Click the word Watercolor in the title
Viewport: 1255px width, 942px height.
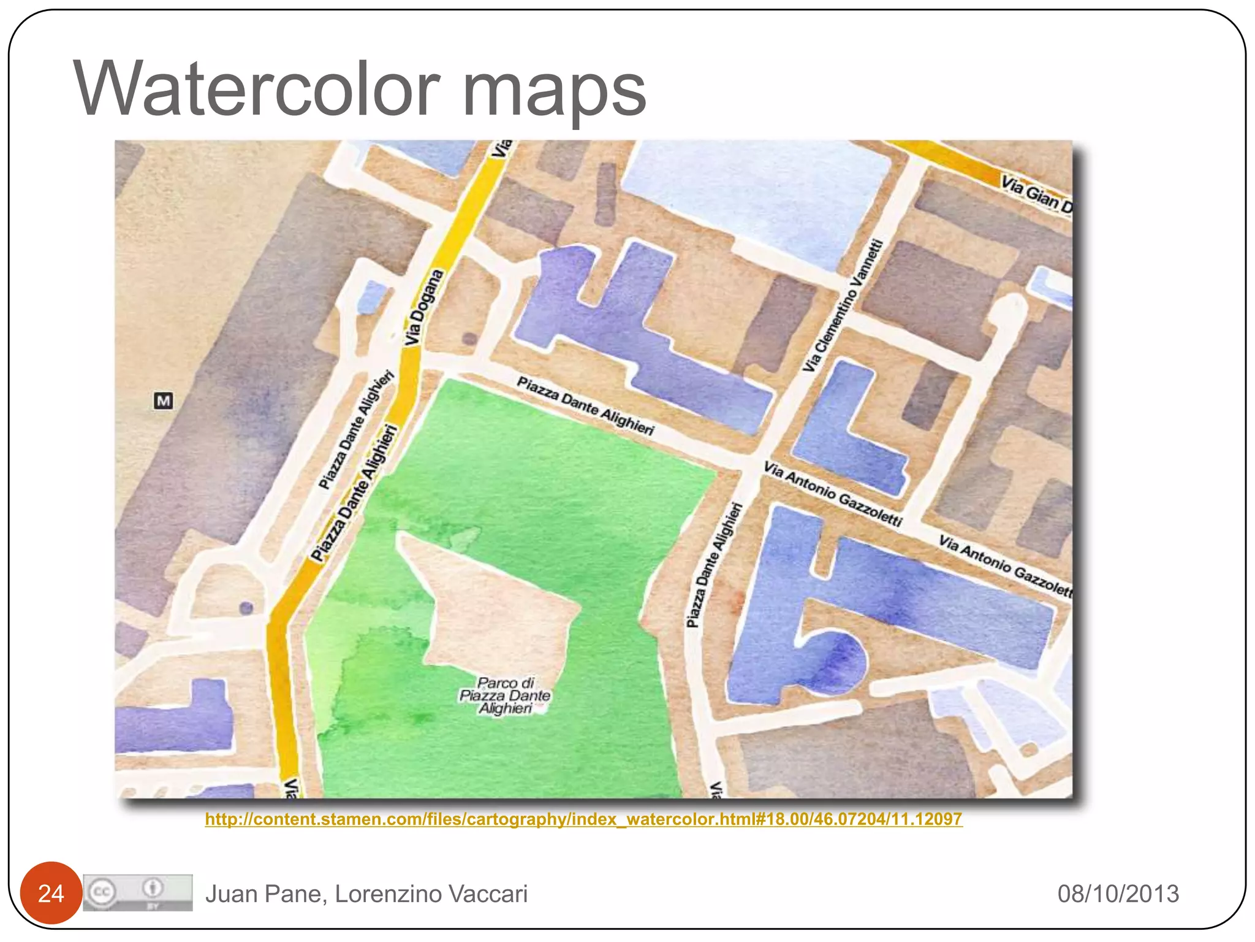(x=257, y=89)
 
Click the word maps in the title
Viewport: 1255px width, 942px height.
(x=554, y=92)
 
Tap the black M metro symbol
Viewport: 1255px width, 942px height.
(x=163, y=401)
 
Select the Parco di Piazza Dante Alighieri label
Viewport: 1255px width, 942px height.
(x=506, y=695)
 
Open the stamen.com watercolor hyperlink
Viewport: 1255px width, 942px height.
(x=583, y=819)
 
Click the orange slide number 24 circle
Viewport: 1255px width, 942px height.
(x=51, y=894)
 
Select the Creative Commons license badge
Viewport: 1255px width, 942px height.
(x=138, y=893)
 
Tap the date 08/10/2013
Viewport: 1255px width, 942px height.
(x=1118, y=894)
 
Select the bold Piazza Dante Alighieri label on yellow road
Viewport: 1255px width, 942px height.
(x=354, y=494)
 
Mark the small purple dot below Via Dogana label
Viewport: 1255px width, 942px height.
(x=469, y=338)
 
